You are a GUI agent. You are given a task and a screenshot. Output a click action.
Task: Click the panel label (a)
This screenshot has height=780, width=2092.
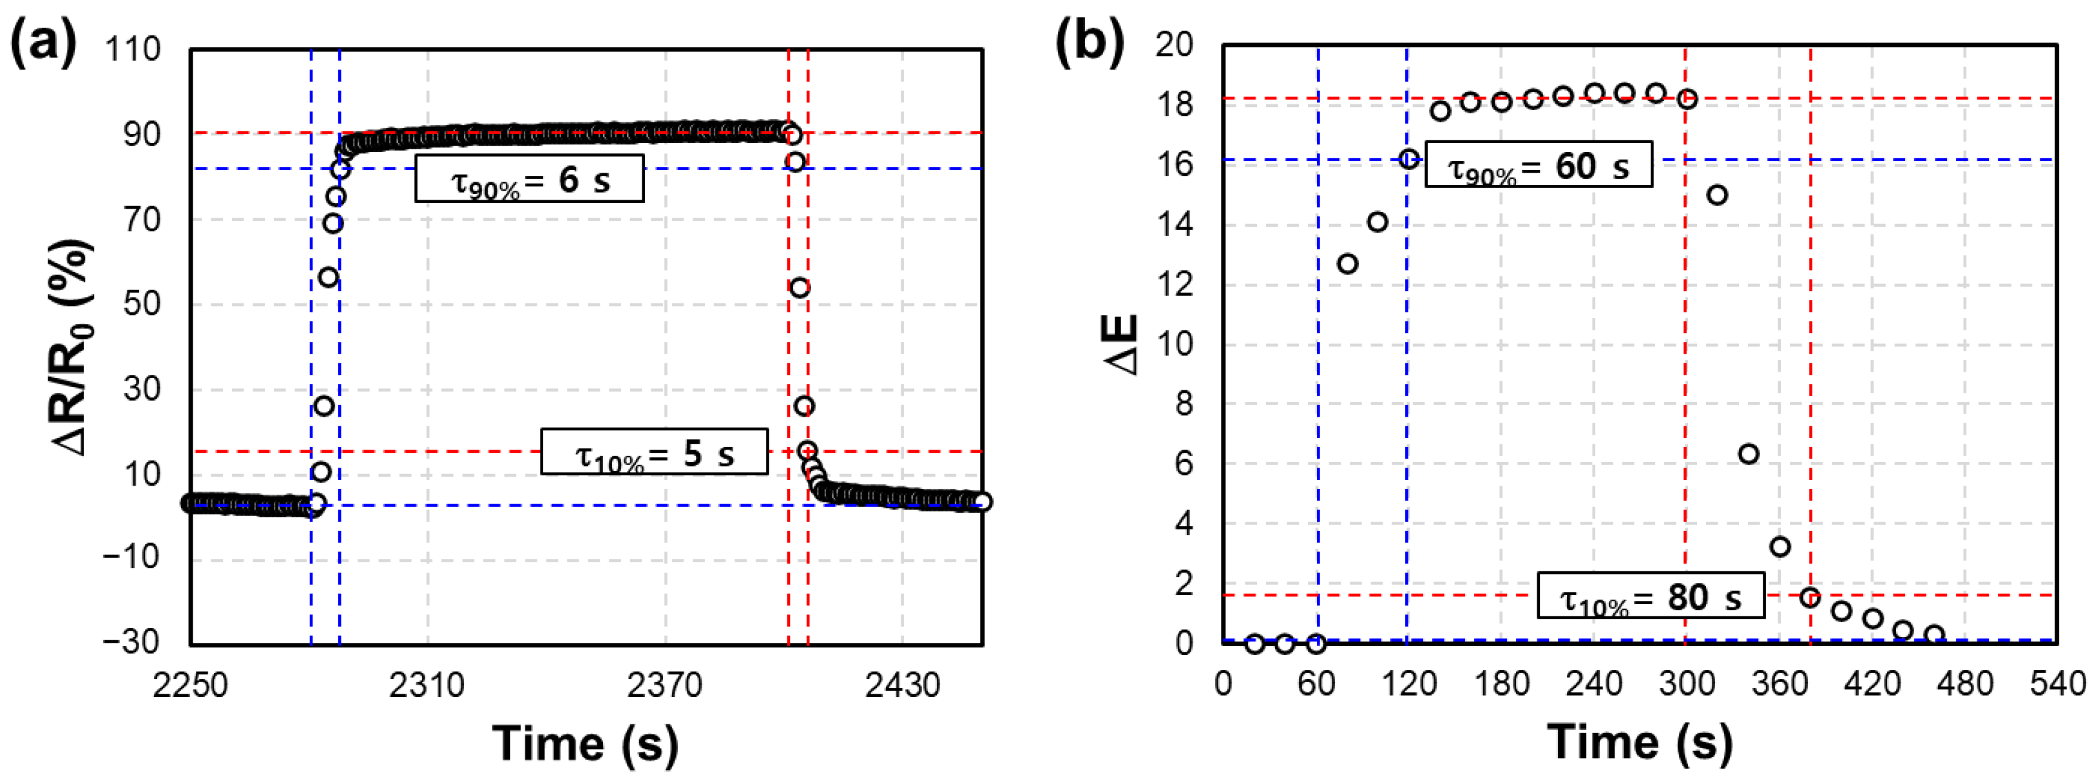point(43,43)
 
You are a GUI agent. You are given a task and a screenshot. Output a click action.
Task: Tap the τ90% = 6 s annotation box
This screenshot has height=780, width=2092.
point(529,178)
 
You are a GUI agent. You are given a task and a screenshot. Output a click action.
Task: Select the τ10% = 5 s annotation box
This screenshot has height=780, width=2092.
point(654,452)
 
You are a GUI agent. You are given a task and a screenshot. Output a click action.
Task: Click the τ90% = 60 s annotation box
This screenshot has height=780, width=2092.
point(1538,165)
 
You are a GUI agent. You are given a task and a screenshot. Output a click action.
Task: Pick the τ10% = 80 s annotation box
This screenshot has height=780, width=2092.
point(1650,596)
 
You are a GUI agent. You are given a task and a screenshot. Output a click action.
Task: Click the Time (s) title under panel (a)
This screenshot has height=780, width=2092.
point(585,743)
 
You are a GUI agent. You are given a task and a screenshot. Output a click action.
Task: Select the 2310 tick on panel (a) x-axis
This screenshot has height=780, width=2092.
point(427,686)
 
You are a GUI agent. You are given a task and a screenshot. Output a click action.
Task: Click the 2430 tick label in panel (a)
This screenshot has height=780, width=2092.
point(901,686)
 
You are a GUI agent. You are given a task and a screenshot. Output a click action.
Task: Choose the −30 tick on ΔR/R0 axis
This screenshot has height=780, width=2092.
point(131,642)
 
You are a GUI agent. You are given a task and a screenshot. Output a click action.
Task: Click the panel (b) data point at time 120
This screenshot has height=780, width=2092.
point(1409,159)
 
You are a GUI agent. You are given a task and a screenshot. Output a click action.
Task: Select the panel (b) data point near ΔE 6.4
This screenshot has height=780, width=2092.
point(1749,453)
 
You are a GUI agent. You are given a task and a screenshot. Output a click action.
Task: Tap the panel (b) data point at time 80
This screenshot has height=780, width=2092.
point(1347,264)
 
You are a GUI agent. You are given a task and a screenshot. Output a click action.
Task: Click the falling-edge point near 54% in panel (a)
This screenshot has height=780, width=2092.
point(799,288)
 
